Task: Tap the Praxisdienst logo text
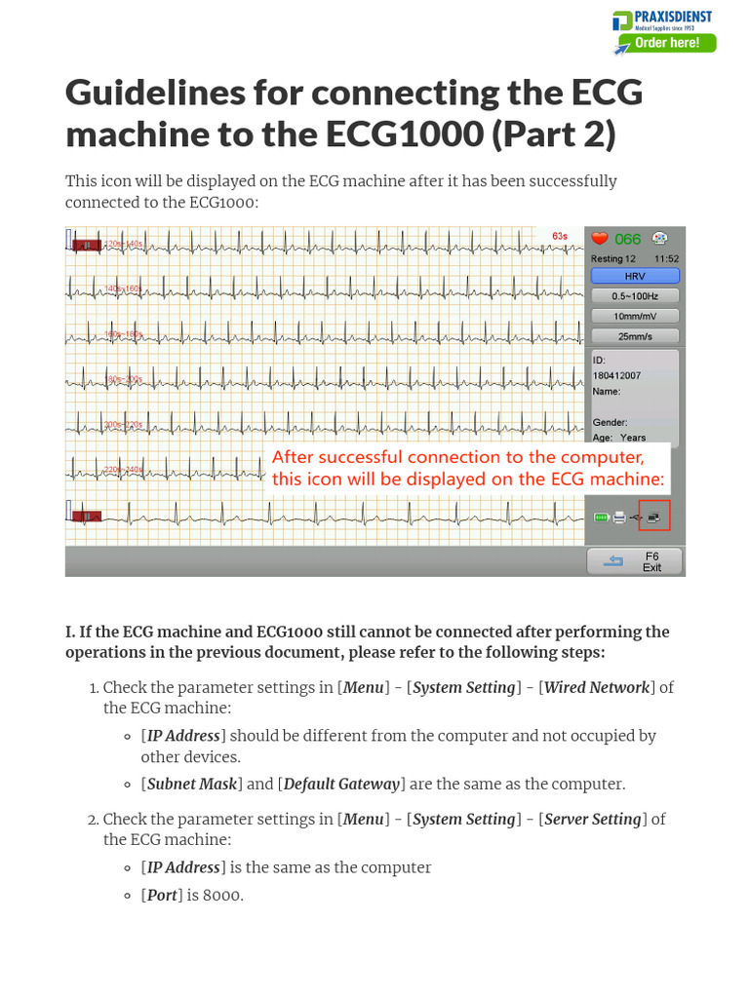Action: click(x=673, y=17)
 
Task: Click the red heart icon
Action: click(x=600, y=239)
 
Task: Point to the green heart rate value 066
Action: click(x=627, y=239)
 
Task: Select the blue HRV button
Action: click(x=634, y=276)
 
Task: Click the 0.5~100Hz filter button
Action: click(x=634, y=296)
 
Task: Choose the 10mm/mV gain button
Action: click(x=634, y=317)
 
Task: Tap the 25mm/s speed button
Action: click(x=634, y=336)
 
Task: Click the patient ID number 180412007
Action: click(x=616, y=375)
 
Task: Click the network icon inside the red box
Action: click(x=653, y=517)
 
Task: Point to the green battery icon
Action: click(x=601, y=518)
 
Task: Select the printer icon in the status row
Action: click(x=619, y=518)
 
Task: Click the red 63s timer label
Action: click(x=560, y=236)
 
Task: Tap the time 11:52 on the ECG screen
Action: click(x=667, y=259)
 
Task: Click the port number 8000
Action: click(x=222, y=895)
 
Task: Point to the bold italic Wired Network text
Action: click(x=596, y=687)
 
